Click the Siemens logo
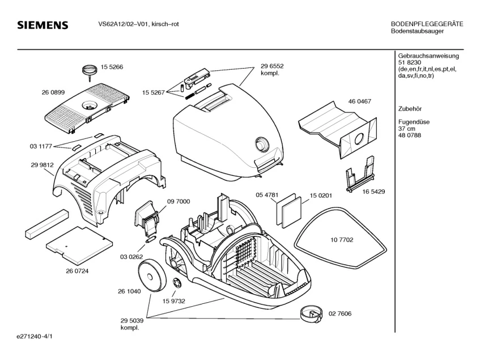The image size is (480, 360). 43,25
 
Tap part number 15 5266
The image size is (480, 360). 112,67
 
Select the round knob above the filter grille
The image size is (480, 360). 89,69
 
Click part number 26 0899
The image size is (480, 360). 53,92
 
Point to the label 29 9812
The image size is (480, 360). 43,165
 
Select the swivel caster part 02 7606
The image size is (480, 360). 311,314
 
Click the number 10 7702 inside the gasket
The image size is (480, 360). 342,240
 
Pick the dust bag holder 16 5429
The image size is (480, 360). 360,174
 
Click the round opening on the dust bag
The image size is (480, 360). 358,140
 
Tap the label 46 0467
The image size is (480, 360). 360,101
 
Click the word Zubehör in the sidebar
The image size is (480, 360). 410,109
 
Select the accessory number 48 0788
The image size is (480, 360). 410,135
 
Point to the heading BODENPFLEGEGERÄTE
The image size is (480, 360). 427,24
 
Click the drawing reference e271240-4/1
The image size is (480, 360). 35,337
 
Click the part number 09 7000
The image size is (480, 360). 179,202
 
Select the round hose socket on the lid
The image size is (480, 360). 262,143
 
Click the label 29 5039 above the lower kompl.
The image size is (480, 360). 132,321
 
